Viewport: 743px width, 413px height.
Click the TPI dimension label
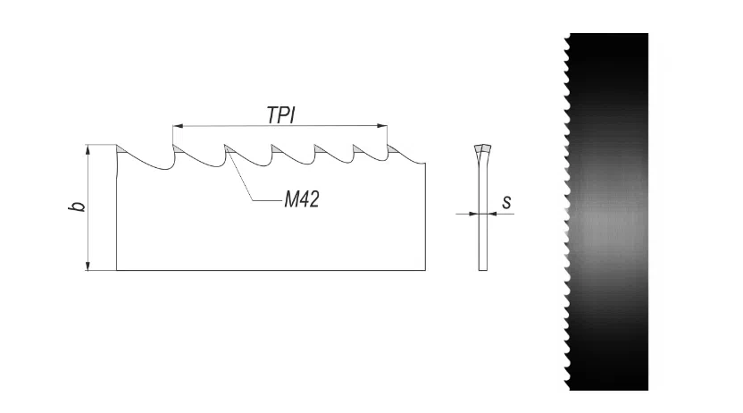coord(281,115)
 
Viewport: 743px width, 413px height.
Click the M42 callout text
coord(302,199)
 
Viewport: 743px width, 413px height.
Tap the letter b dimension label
coord(79,206)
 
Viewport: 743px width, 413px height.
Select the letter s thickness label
coord(506,202)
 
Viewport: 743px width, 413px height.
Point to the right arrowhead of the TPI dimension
coord(382,126)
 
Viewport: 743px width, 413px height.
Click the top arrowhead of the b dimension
coord(88,150)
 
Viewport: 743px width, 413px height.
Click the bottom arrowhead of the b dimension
coord(88,265)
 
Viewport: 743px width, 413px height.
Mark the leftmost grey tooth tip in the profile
coord(121,149)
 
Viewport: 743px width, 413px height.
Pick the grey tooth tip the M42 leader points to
coord(230,149)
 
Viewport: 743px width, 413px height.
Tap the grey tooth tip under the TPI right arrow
coord(392,149)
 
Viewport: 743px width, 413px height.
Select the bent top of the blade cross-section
coord(482,152)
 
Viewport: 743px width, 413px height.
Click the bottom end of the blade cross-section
coord(483,270)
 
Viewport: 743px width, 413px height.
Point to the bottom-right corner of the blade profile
coord(425,270)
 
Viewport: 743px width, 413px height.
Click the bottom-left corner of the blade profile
coord(117,270)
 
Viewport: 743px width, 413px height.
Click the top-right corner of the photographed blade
coord(647,33)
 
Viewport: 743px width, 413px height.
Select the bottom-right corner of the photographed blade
coord(647,391)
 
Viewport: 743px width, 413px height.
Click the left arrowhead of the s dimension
coord(473,214)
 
